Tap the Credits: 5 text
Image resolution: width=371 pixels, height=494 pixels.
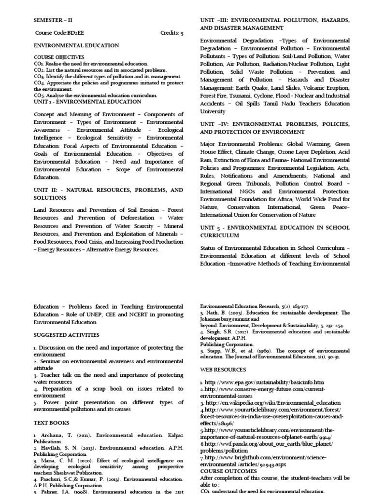(171, 33)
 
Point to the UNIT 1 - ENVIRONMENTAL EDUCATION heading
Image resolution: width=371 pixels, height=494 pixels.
(87, 102)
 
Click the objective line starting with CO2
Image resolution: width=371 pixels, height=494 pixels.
(100, 70)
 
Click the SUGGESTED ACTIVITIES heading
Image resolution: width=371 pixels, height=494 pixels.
(66, 335)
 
